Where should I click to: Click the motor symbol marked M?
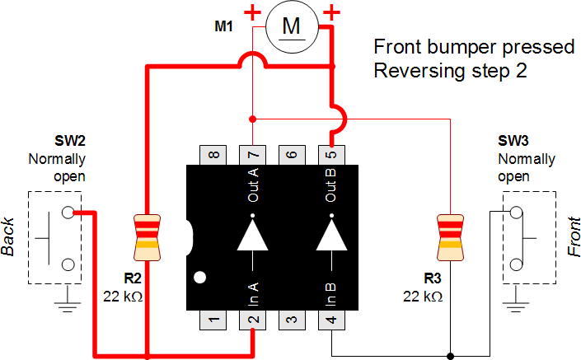click(292, 27)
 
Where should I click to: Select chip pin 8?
click(213, 155)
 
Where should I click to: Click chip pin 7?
click(252, 155)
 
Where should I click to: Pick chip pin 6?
click(292, 155)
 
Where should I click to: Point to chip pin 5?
click(331, 155)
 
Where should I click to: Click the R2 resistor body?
click(146, 233)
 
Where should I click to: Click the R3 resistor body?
click(450, 233)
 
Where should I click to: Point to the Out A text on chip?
click(252, 185)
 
